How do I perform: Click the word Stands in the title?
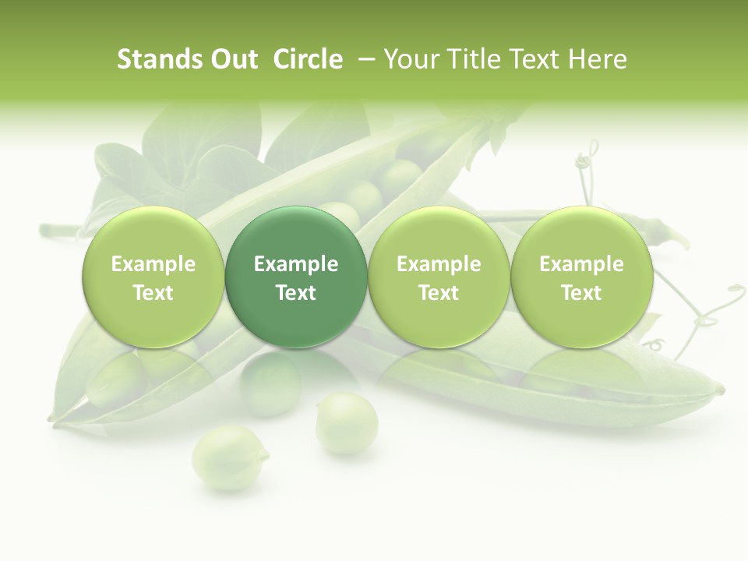pos(158,59)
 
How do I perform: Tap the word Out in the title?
pos(232,59)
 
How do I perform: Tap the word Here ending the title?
pos(598,59)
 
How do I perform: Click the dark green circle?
pos(296,277)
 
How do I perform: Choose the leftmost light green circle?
pos(153,277)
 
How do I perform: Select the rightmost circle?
pos(581,277)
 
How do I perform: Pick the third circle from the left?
pos(439,277)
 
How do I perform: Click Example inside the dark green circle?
pos(296,264)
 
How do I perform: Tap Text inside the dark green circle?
pos(296,293)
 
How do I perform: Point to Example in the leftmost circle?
pos(153,264)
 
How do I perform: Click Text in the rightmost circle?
pos(581,293)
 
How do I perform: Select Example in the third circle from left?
pos(439,264)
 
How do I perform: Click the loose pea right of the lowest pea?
pos(347,423)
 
